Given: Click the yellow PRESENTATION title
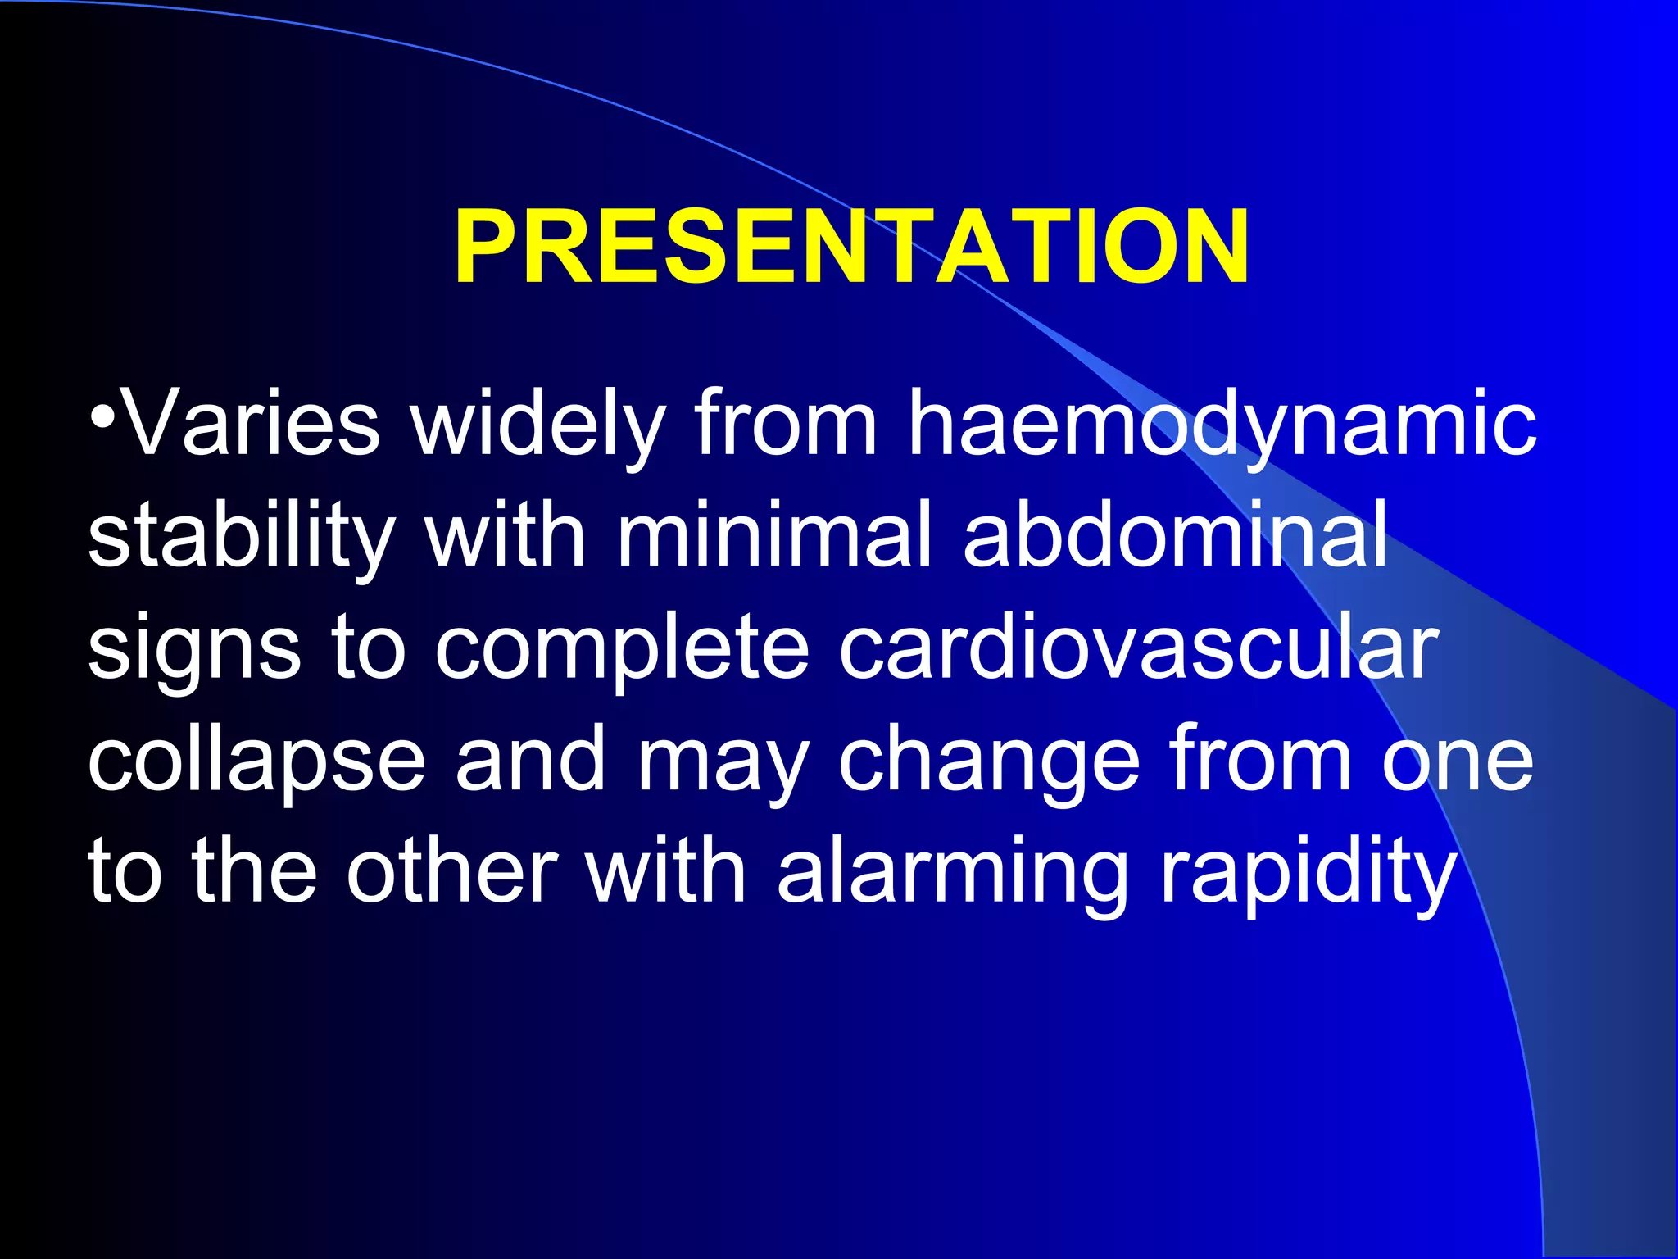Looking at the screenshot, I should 851,247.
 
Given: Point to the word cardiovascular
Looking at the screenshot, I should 1138,648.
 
